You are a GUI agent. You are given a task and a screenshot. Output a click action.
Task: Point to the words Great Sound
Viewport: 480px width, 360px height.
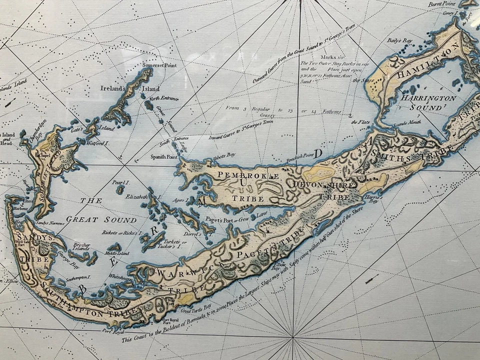tap(101, 219)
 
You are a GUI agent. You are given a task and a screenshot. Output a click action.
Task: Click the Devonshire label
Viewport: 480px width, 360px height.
tap(325, 185)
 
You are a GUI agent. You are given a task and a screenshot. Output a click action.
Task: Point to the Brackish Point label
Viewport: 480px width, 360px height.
tap(299, 155)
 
